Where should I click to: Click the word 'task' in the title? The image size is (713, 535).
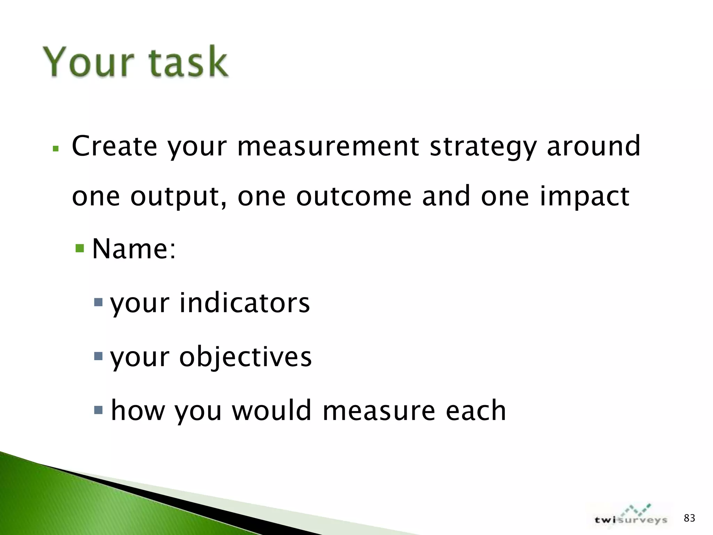[x=188, y=62]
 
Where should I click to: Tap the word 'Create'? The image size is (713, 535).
[x=115, y=146]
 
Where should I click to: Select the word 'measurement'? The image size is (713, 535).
[x=328, y=146]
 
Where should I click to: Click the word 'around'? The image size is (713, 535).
[x=593, y=146]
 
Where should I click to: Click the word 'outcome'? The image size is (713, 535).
[x=354, y=196]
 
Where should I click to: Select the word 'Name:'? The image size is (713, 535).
[x=134, y=249]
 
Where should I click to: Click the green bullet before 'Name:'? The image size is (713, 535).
[x=80, y=248]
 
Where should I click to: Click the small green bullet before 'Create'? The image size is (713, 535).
[x=55, y=149]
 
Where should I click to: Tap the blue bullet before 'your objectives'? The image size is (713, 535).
[x=99, y=356]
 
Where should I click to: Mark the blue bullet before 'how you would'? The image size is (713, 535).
[x=99, y=410]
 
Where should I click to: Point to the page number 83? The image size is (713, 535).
[x=689, y=518]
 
